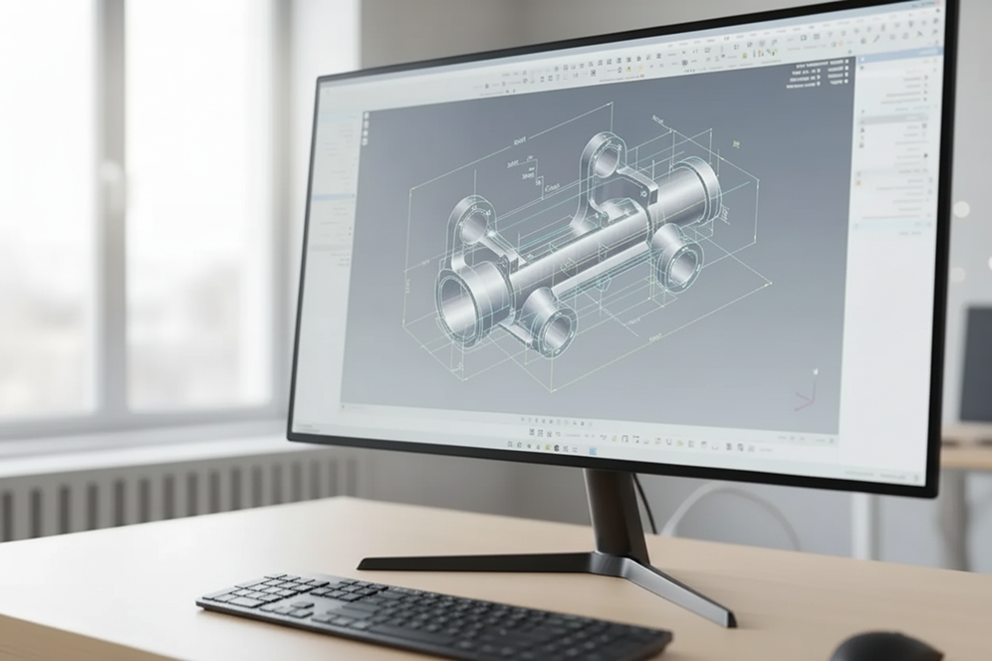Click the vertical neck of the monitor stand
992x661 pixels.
[x=609, y=512]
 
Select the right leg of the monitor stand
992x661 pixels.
[x=686, y=591]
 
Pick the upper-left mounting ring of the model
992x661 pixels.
[x=470, y=226]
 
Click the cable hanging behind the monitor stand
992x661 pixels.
[x=648, y=508]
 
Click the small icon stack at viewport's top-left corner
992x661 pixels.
[x=365, y=128]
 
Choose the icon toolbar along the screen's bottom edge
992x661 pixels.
[x=598, y=439]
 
